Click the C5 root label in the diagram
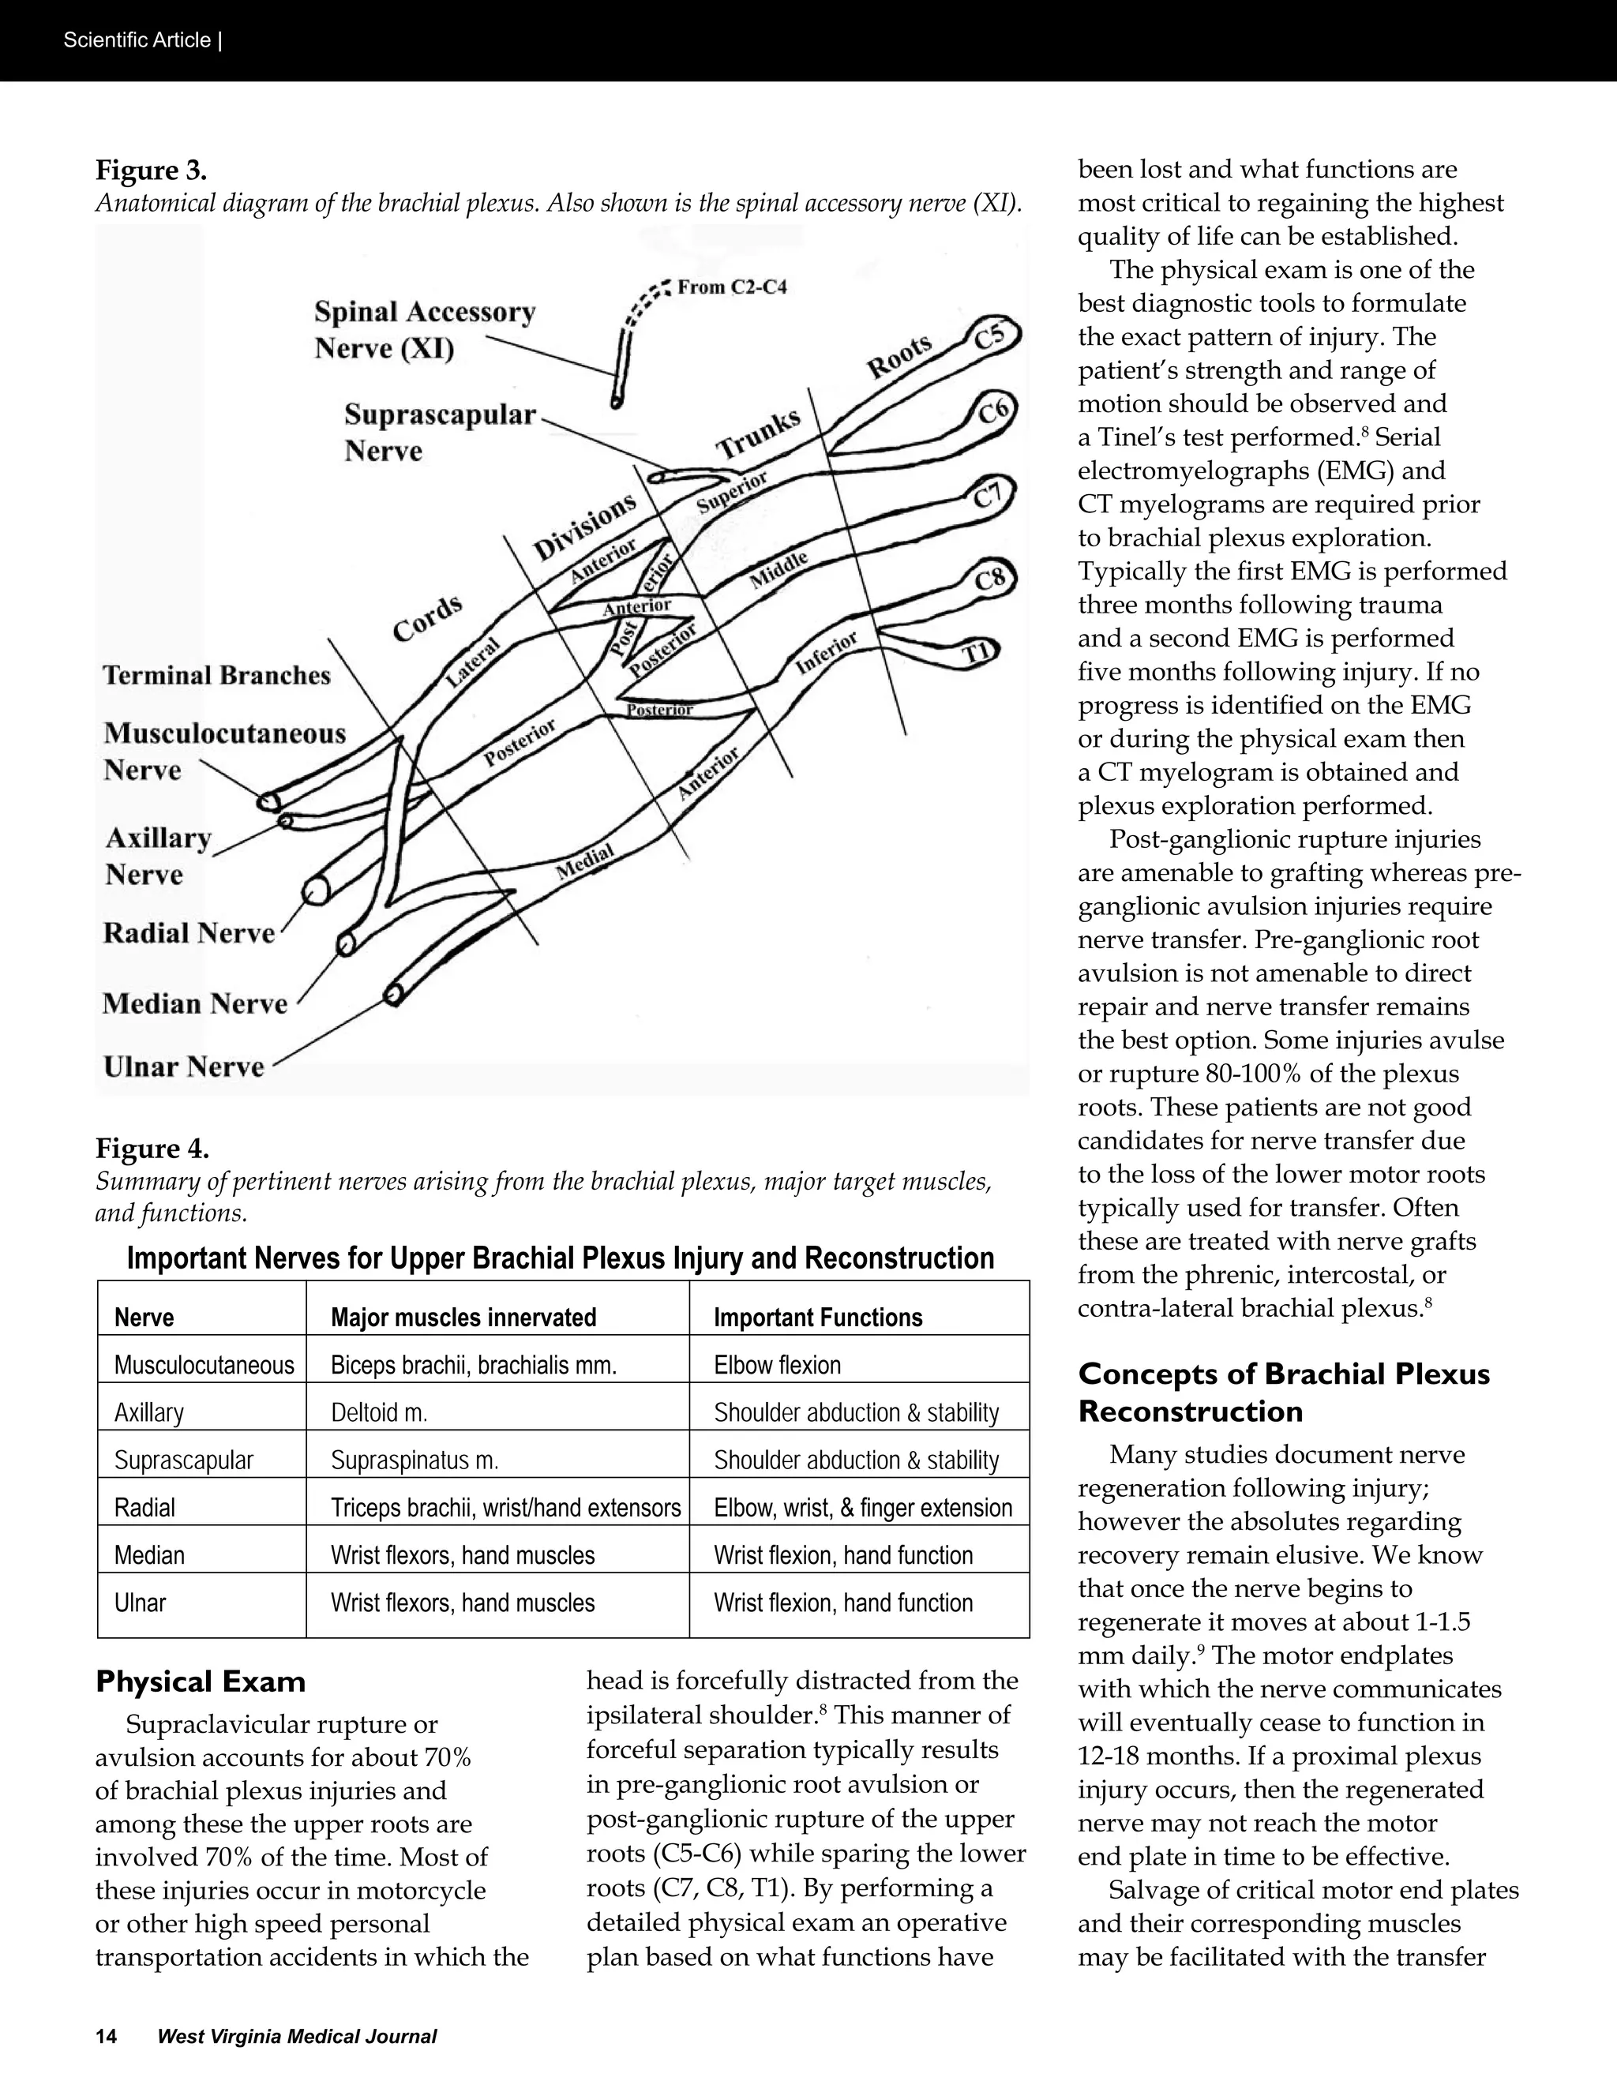(991, 336)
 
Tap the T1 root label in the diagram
(975, 654)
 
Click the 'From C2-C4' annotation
(732, 287)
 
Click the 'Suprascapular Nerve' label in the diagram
(440, 432)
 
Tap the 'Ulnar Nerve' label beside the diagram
(184, 1066)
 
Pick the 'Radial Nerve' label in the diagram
(189, 933)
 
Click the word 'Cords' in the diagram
(428, 618)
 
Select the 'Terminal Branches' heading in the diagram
(216, 675)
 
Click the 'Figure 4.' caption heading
(152, 1148)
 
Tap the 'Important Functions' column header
(817, 1317)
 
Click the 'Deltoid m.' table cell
(378, 1412)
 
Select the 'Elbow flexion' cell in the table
(777, 1364)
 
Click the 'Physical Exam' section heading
(201, 1681)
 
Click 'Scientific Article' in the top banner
(137, 40)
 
